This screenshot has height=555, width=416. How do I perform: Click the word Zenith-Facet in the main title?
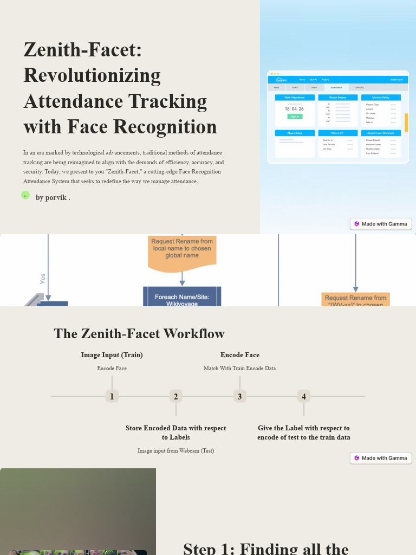tap(82, 50)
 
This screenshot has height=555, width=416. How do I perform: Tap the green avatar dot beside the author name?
tap(25, 195)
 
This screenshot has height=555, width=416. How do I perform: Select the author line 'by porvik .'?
tap(53, 198)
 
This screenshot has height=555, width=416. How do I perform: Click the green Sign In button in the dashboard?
tap(295, 117)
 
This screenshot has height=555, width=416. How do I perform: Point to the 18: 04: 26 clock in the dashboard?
tap(294, 109)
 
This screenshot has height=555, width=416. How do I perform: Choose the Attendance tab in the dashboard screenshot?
tap(336, 87)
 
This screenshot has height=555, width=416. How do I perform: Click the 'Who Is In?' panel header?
tap(337, 133)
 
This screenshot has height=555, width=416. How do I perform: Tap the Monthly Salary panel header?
tap(381, 98)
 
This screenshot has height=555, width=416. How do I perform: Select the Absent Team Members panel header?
tap(381, 133)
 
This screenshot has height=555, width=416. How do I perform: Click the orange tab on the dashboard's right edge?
tap(406, 122)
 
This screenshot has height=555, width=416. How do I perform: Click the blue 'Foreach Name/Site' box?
tap(182, 299)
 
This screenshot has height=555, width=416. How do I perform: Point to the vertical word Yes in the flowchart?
tap(43, 279)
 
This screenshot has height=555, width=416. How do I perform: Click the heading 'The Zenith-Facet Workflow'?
tap(139, 333)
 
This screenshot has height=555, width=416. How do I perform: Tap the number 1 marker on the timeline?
tap(112, 396)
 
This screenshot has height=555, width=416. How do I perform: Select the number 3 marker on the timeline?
tap(239, 396)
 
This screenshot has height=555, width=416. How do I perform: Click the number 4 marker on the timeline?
tap(303, 396)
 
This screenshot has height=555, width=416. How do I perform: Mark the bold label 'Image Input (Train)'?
tap(112, 355)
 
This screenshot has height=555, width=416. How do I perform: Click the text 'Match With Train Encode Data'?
tap(239, 369)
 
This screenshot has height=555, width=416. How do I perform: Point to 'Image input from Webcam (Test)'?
tap(175, 450)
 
